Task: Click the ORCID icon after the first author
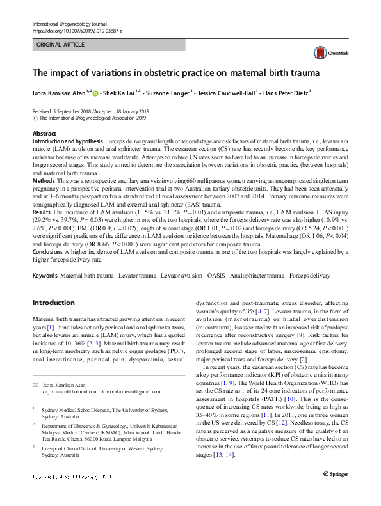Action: tap(96, 93)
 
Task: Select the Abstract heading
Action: tap(44, 134)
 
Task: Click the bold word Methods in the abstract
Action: tap(44, 182)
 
